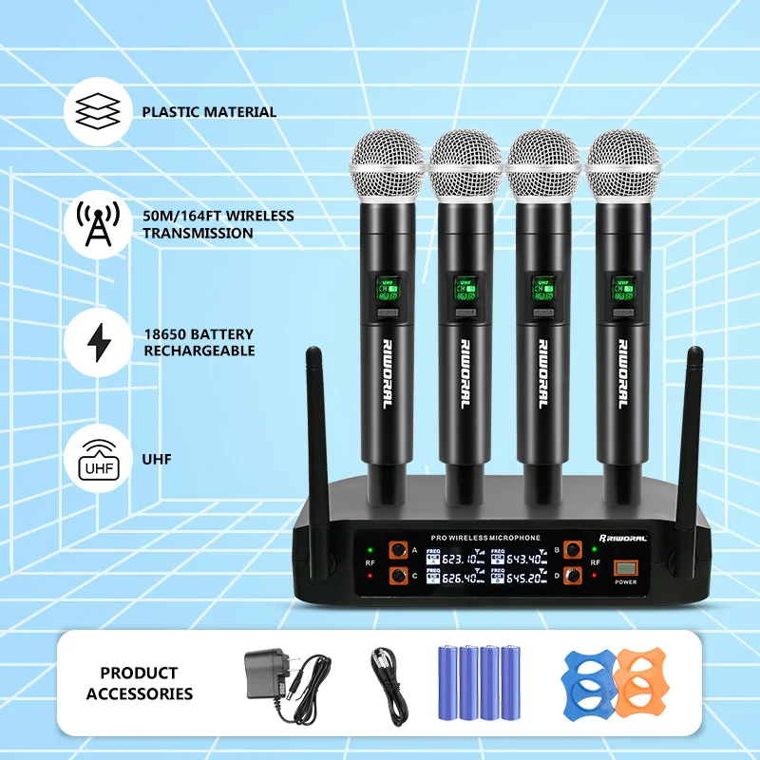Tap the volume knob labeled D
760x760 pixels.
point(573,575)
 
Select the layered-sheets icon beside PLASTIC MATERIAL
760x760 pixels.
point(99,112)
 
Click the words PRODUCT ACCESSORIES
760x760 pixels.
point(140,683)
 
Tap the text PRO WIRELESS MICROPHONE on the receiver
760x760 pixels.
point(485,538)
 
